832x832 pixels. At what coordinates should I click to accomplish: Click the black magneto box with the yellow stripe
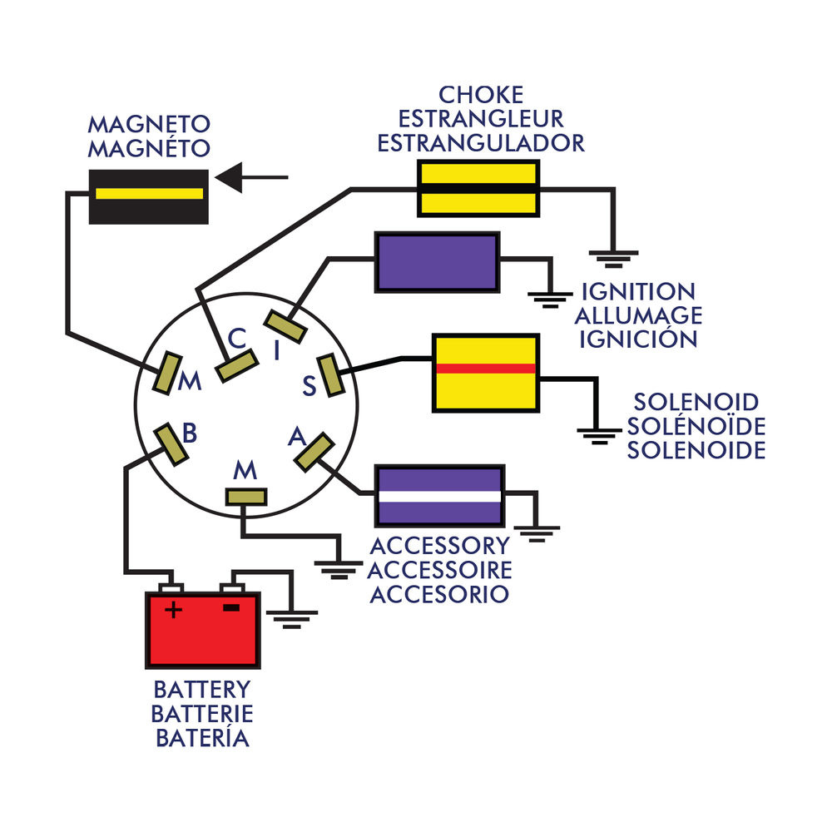pos(148,196)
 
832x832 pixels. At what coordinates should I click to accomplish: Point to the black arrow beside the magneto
pos(250,176)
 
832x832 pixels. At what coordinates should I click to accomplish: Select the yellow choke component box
pos(477,189)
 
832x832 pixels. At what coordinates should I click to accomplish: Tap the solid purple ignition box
pos(438,261)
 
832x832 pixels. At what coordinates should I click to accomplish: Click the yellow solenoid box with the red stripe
pos(484,372)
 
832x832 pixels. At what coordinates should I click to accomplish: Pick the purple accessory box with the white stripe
pos(439,495)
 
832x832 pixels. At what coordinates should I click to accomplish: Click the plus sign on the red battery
pos(173,610)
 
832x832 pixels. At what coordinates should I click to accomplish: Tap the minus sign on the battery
pos(231,607)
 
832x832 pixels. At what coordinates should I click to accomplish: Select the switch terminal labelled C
pos(236,365)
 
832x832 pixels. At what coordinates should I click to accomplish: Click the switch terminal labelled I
pos(286,325)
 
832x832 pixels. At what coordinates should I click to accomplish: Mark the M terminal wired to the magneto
pos(169,373)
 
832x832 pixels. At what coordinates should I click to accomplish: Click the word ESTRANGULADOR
pos(481,143)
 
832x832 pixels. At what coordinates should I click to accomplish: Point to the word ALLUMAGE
pos(638,316)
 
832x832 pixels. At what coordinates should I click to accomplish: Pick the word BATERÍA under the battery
pos(201,737)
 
